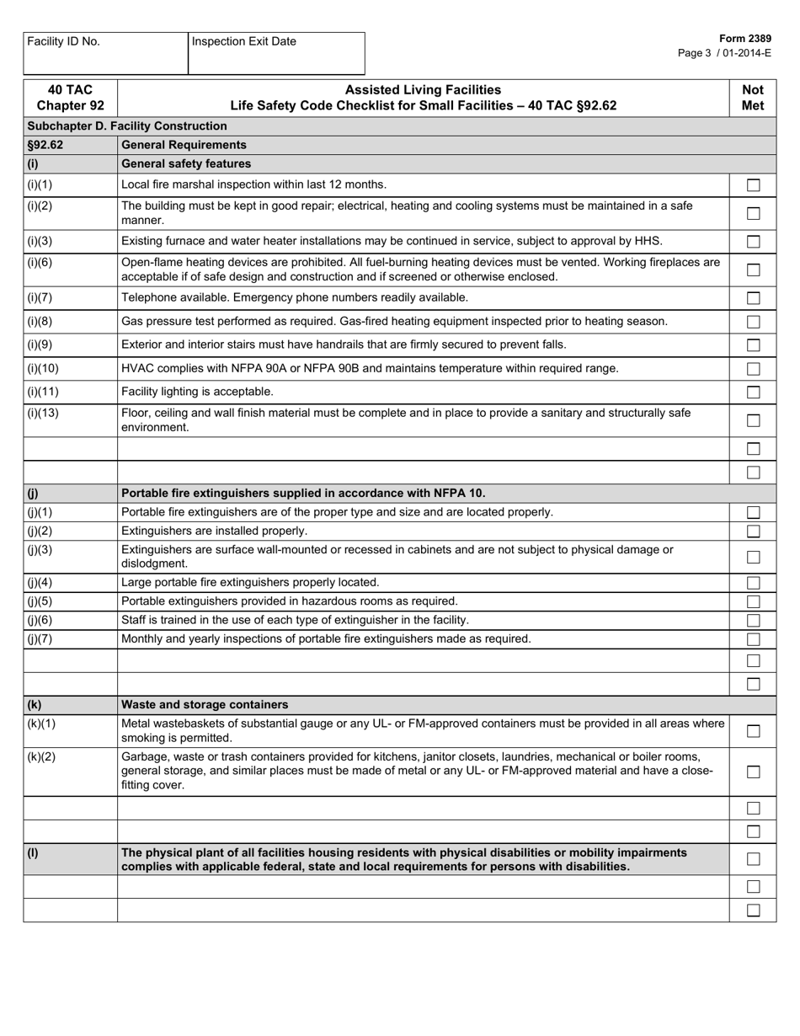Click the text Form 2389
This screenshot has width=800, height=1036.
coord(745,39)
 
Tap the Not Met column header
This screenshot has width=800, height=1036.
coord(752,98)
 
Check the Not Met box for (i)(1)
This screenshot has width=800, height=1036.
coord(753,185)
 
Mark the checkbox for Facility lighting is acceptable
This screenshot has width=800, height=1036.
coord(753,393)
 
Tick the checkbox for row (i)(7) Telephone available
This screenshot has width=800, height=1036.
coord(753,298)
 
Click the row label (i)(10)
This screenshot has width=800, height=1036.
coord(43,368)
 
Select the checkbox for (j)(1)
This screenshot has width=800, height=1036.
coord(753,513)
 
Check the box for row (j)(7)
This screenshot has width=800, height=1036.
coord(753,639)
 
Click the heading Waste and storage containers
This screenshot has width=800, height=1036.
coord(205,704)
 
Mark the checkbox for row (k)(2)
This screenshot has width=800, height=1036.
coord(753,772)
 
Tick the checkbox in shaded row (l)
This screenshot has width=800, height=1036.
coord(753,859)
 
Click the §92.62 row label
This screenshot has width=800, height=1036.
coord(45,145)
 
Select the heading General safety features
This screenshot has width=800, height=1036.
coord(186,163)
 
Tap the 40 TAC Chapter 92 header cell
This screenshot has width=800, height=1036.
coord(70,98)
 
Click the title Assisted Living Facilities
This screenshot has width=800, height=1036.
coord(423,90)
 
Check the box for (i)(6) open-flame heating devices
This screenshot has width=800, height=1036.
coord(753,270)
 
